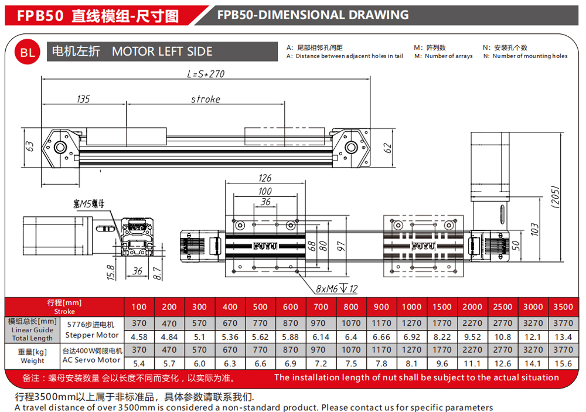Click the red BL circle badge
(x=27, y=52)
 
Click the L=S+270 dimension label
(x=206, y=74)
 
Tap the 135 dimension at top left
(x=83, y=99)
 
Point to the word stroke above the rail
(x=206, y=99)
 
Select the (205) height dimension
(x=556, y=197)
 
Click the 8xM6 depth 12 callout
(x=337, y=288)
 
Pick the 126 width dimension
(x=265, y=178)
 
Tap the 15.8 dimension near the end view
(x=111, y=272)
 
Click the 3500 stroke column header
(x=563, y=307)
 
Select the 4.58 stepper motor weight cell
(x=139, y=337)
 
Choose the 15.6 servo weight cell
(x=563, y=363)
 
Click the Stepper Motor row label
(x=92, y=335)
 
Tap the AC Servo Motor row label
(x=91, y=360)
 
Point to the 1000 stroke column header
(x=411, y=307)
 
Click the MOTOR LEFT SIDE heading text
(x=162, y=51)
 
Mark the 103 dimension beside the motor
(x=535, y=229)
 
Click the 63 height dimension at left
(x=30, y=146)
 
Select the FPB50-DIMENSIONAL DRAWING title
(x=313, y=15)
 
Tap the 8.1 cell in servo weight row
(x=411, y=363)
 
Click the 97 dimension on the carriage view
(x=340, y=246)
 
